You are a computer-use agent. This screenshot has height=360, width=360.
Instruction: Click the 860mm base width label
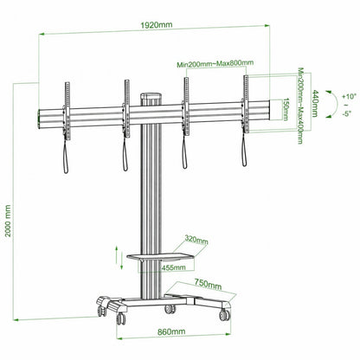click(170, 330)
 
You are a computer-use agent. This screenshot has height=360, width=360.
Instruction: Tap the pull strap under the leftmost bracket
click(66, 151)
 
